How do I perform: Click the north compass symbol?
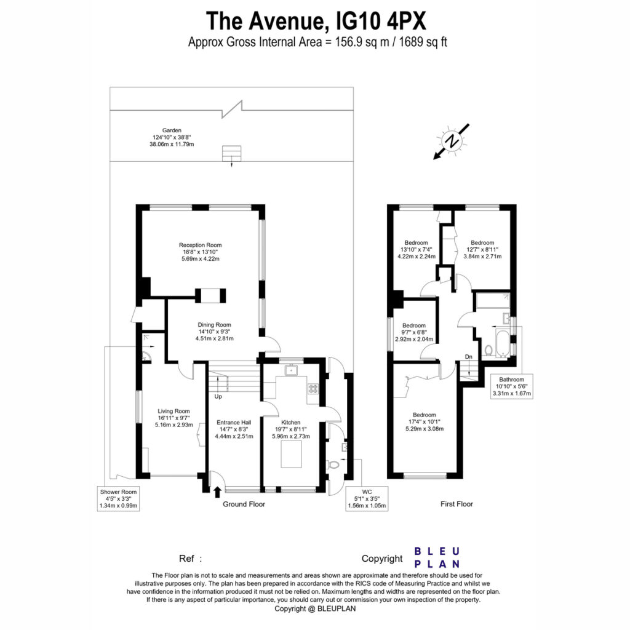pos(451,142)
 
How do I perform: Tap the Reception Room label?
pos(200,252)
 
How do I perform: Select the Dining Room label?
pos(214,332)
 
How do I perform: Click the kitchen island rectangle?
pos(291,454)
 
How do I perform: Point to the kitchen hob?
pos(313,389)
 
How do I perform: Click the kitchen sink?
pos(291,370)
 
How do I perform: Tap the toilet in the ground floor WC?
pos(333,465)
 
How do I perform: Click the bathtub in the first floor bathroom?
pos(502,343)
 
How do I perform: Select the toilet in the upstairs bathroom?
pos(489,350)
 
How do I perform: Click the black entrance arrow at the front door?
pos(217,492)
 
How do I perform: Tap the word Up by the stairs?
pos(218,397)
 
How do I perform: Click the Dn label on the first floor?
pos(468,357)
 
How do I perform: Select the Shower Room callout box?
pos(119,498)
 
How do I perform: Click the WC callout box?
pos(367,498)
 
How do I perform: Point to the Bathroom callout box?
pos(512,386)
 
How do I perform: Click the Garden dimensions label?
pos(172,137)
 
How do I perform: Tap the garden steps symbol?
pos(232,153)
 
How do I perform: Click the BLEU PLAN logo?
pos(437,557)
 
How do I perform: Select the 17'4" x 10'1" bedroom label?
pos(425,421)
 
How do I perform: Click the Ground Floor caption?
pos(244,504)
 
